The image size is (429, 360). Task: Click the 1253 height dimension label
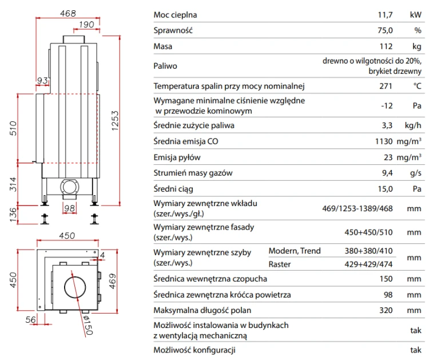[115, 121]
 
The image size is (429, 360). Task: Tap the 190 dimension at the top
[86, 25]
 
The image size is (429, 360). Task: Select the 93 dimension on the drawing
[42, 80]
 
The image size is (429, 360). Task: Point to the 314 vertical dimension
[13, 184]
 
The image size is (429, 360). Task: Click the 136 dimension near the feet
[13, 215]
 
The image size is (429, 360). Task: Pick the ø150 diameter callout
[88, 325]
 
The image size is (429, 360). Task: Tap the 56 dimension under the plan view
[31, 319]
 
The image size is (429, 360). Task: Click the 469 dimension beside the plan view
[113, 281]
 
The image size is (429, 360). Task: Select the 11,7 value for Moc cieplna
[385, 15]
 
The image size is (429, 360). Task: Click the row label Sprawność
[173, 30]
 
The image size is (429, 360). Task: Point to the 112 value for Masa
[386, 46]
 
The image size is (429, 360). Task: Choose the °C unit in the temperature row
[417, 86]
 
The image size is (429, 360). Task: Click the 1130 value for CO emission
[384, 141]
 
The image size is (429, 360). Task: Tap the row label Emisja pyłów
[177, 157]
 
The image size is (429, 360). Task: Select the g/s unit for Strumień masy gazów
[416, 173]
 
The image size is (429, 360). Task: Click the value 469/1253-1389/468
[357, 208]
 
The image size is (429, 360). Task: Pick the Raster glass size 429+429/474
[368, 264]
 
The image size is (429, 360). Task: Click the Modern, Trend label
[295, 251]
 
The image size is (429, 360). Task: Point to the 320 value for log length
[386, 310]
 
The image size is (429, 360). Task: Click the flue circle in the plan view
[65, 287]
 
